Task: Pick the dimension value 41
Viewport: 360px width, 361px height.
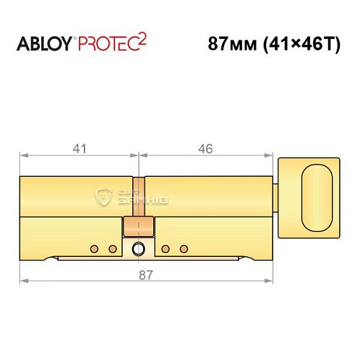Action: click(x=80, y=149)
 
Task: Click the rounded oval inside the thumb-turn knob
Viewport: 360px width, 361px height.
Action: click(x=317, y=194)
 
